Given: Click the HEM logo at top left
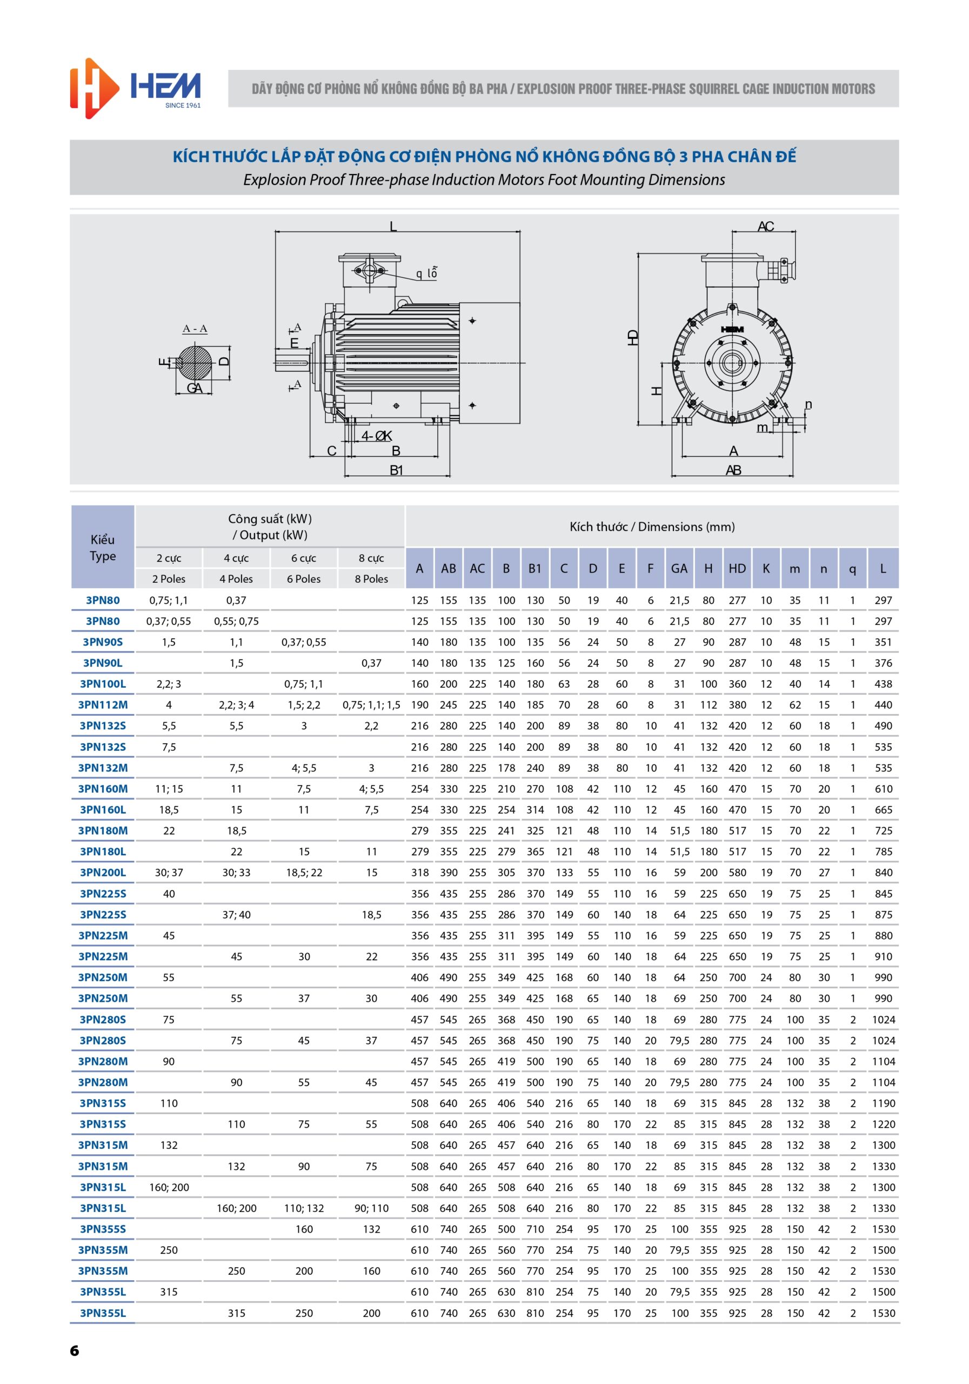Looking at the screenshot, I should (x=135, y=89).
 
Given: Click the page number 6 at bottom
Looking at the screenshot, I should (x=74, y=1350).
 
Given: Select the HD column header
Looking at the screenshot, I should (x=737, y=568).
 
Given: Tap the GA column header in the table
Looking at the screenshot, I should (x=679, y=568).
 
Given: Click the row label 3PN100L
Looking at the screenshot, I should (x=103, y=683).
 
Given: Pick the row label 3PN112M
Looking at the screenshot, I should (x=103, y=704).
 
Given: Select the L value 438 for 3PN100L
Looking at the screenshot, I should (x=883, y=683).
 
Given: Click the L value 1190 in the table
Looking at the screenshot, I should (x=883, y=1103).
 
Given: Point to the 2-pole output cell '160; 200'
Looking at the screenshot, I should (x=169, y=1187).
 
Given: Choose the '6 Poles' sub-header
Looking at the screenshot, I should (x=304, y=578).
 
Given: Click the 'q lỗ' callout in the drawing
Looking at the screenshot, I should (x=426, y=274).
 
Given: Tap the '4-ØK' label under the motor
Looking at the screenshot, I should (x=377, y=436).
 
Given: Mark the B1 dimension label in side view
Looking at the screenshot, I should (x=396, y=470).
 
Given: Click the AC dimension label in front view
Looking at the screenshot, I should (x=765, y=227).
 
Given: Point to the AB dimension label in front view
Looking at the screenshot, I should (x=733, y=470).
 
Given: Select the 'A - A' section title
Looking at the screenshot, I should (x=195, y=329).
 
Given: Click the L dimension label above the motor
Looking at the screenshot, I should (x=393, y=227).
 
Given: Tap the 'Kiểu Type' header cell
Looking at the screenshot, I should (x=103, y=547).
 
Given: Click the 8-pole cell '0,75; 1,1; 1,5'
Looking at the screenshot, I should (x=371, y=704).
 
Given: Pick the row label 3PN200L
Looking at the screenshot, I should (x=103, y=872).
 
